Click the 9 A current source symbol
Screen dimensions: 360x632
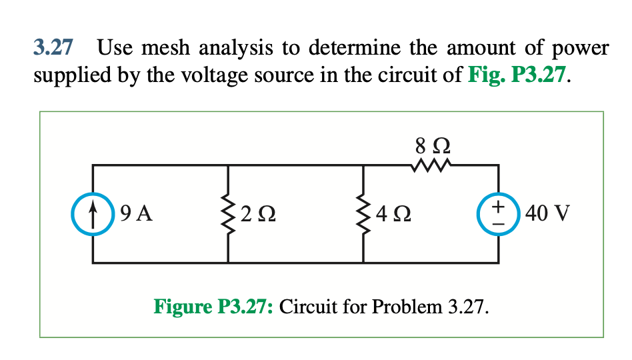[x=92, y=213]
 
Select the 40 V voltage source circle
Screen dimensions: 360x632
[x=497, y=213]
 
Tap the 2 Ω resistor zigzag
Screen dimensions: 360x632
[x=229, y=213]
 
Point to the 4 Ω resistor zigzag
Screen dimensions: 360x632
[x=364, y=213]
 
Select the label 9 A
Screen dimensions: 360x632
[x=137, y=214]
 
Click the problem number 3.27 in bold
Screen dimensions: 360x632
[x=54, y=48]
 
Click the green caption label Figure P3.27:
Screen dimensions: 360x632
[x=213, y=307]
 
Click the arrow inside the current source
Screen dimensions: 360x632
[x=92, y=213]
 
